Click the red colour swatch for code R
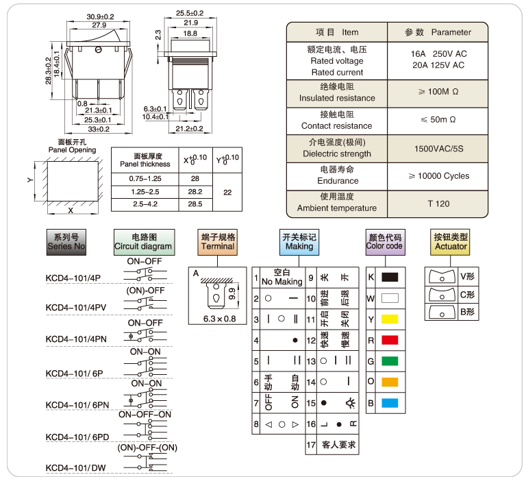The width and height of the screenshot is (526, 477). (389, 340)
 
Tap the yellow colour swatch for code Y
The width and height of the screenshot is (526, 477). (389, 319)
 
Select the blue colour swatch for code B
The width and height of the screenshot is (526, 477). (389, 403)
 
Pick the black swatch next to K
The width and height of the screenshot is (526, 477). (389, 278)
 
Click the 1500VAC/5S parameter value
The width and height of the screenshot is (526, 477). (438, 148)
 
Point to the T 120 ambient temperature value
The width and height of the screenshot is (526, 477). (438, 204)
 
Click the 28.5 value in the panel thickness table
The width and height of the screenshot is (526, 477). (195, 204)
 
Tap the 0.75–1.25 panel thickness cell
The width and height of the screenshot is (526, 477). (145, 178)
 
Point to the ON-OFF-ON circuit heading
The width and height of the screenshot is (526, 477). (145, 415)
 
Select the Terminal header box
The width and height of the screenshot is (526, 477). (218, 241)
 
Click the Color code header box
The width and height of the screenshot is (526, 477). (385, 241)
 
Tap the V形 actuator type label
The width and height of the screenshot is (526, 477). (468, 276)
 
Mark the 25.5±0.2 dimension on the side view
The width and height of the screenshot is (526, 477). (190, 13)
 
